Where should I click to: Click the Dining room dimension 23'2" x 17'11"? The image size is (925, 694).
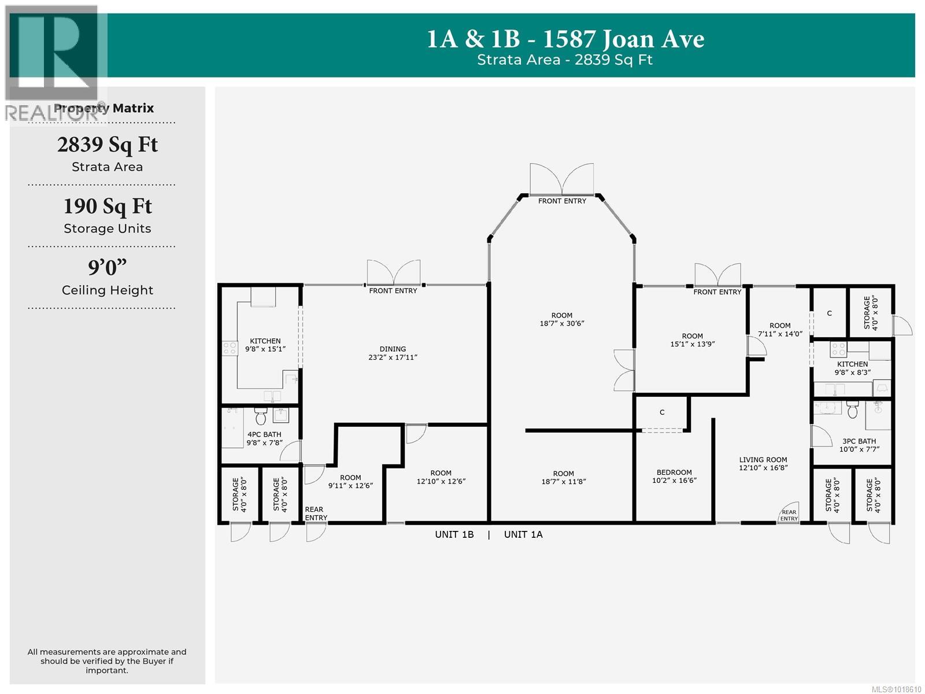(393, 357)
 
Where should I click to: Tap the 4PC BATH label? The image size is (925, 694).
(264, 434)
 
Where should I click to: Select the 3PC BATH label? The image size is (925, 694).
(859, 441)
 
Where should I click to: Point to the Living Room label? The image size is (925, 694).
(763, 460)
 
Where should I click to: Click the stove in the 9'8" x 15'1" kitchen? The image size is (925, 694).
(230, 348)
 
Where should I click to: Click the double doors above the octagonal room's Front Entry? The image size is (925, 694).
(562, 179)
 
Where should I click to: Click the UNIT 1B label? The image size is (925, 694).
(454, 534)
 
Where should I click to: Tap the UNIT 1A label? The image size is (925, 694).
(523, 534)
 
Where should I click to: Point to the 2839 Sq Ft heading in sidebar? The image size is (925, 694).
(107, 145)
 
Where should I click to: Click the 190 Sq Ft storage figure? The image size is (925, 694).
(107, 206)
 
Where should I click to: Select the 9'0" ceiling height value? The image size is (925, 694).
(107, 268)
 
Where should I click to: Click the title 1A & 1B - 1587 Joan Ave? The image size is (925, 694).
(565, 39)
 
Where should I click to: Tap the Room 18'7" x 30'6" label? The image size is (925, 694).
(562, 320)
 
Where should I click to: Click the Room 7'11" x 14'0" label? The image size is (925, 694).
(780, 330)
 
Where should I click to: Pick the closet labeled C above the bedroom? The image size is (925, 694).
(662, 412)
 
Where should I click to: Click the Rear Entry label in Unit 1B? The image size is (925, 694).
(316, 514)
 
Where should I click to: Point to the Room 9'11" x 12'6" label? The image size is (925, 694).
(350, 482)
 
